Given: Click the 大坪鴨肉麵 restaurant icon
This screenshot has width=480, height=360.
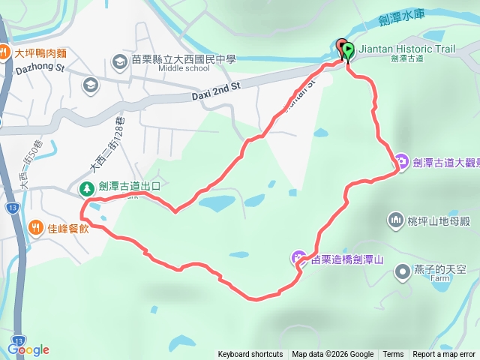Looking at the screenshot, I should click(4, 52).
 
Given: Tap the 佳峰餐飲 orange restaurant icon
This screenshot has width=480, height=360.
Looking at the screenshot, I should click(35, 228).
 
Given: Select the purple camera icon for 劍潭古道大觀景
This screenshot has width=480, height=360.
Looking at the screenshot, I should click(402, 161).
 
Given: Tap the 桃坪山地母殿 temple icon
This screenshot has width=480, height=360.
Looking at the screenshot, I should click(395, 220).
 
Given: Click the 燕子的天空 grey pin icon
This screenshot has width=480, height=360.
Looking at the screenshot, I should click(403, 270).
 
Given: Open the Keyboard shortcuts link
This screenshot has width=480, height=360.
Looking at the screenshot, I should click(250, 355).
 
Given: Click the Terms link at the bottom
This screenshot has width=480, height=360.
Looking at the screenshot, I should click(393, 355).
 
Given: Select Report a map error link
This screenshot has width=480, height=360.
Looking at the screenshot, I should click(444, 355).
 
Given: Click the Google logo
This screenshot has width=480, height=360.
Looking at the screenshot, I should click(28, 349).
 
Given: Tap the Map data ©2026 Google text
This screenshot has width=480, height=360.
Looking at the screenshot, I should click(333, 355).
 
